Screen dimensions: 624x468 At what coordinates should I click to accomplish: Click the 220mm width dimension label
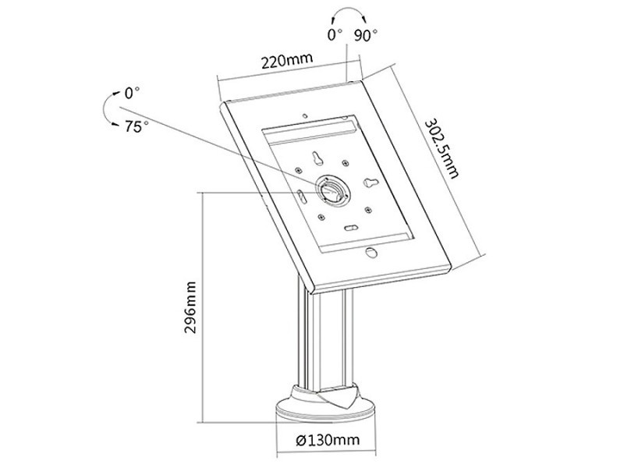[286, 61]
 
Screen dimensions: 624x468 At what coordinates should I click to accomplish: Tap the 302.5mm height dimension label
[441, 148]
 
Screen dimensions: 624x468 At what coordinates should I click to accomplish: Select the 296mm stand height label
[190, 307]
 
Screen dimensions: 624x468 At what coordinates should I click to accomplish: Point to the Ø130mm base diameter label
[328, 440]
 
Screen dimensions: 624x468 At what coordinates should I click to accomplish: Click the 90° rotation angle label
[366, 35]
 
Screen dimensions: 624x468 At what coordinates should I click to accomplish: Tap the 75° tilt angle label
[136, 127]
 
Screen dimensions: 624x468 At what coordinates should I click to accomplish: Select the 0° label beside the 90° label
[335, 35]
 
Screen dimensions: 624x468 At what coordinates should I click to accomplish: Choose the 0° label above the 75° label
[132, 93]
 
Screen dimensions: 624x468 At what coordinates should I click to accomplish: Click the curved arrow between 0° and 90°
[349, 9]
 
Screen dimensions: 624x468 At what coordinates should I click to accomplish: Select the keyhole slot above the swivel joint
[317, 158]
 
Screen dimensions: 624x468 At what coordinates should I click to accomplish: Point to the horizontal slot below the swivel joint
[350, 228]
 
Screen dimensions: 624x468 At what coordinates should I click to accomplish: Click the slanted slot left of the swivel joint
[301, 197]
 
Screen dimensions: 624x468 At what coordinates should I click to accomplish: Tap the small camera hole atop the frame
[305, 115]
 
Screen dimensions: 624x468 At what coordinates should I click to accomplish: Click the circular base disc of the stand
[324, 410]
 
